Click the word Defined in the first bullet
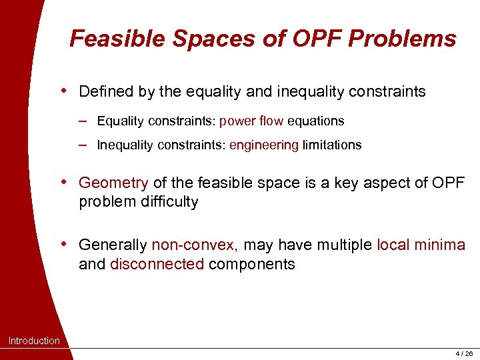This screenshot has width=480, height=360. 106,91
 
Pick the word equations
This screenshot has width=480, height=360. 315,121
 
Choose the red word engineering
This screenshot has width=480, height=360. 264,145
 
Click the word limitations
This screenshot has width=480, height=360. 332,145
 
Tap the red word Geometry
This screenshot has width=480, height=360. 113,183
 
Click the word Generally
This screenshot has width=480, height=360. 113,245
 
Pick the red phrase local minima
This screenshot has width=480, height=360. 421,245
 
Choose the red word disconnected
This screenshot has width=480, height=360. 157,264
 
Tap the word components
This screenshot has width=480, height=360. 252,264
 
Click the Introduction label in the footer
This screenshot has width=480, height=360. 34,341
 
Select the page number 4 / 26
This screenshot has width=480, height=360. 463,353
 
